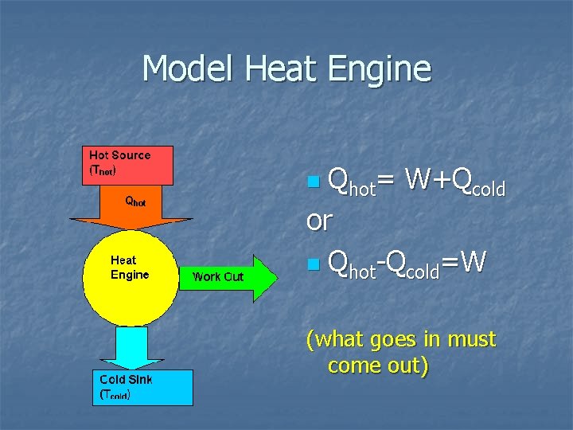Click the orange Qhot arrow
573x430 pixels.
coord(131,208)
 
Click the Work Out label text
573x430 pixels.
coord(218,277)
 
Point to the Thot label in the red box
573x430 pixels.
coord(104,170)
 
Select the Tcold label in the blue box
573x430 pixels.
coord(115,393)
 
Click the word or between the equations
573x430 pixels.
coord(319,221)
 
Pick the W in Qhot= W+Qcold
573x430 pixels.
coord(417,181)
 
